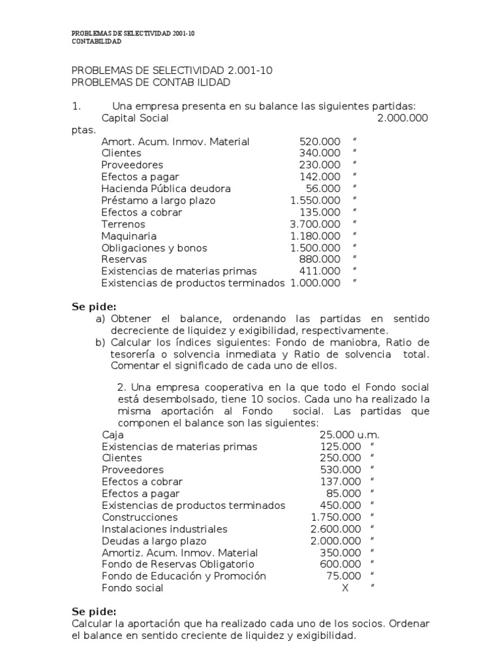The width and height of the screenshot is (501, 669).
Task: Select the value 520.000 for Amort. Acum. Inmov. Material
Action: [x=320, y=142]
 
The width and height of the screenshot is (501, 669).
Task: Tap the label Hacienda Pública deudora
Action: [x=166, y=189]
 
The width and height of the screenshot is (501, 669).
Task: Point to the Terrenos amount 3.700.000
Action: [x=315, y=224]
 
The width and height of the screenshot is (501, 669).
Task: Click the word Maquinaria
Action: [x=129, y=236]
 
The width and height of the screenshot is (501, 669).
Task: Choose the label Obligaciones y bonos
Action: [x=154, y=248]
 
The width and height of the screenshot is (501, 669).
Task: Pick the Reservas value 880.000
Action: [x=320, y=259]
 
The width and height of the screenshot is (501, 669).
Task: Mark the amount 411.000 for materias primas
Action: [x=320, y=271]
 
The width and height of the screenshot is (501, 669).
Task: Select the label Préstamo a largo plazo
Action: [x=159, y=201]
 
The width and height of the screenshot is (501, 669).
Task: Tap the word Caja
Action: [x=113, y=434]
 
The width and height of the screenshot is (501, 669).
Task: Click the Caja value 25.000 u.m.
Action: [x=349, y=434]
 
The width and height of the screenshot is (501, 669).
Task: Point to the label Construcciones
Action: [x=140, y=517]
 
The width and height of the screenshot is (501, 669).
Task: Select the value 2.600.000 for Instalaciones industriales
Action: [x=335, y=529]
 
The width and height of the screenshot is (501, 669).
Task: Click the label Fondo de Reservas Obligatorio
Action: [x=178, y=564]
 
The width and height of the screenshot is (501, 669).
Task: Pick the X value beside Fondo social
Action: [x=345, y=587]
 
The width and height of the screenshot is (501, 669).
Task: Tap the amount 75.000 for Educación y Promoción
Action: [x=343, y=576]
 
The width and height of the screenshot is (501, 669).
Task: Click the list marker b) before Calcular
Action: [x=100, y=342]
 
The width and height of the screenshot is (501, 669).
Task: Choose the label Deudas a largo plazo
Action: [x=154, y=540]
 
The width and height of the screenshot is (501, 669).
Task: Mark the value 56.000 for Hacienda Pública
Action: [x=323, y=189]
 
